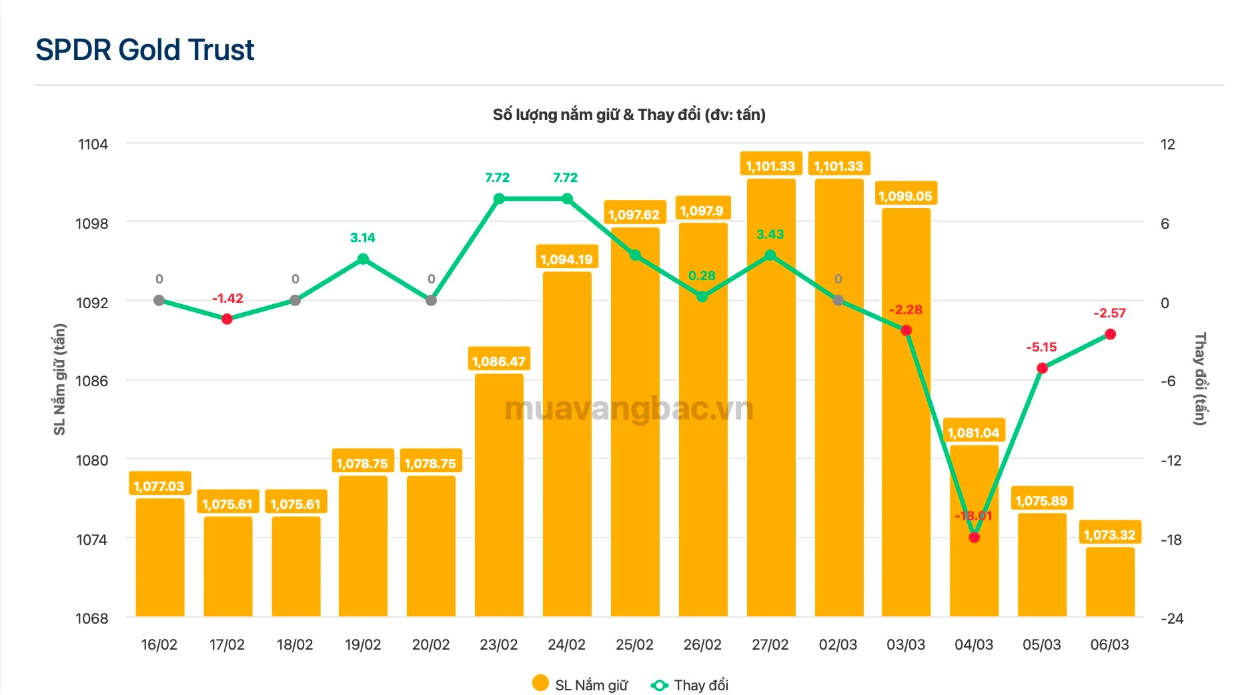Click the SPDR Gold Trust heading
[x=145, y=50]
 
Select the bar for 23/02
[x=499, y=494]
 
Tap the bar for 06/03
[x=1110, y=580]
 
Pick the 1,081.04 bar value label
[x=973, y=433]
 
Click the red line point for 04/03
[x=974, y=537]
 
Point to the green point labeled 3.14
[x=363, y=259]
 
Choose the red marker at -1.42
[x=227, y=319]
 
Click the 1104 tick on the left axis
[x=93, y=144]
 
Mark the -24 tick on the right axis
[x=1172, y=618]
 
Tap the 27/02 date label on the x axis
[x=770, y=644]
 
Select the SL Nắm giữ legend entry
[x=580, y=685]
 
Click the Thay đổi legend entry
[x=690, y=685]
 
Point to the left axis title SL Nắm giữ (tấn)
[x=60, y=379]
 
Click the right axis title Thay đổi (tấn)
[x=1200, y=379]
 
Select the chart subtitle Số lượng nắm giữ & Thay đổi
[x=629, y=115]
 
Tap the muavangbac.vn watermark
[x=629, y=409]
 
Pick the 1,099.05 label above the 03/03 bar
[x=905, y=196]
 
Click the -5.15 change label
[x=1041, y=347]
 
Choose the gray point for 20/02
[x=431, y=300]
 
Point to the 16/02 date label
[x=159, y=644]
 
